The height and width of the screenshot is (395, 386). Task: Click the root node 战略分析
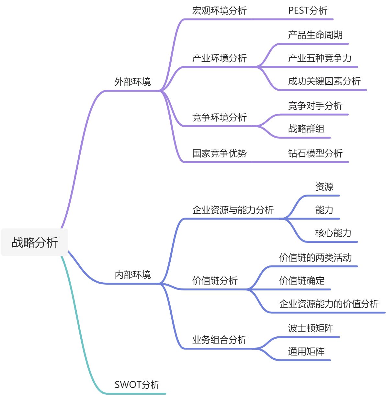[x=35, y=242]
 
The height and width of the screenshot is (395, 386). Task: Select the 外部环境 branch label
[x=132, y=82]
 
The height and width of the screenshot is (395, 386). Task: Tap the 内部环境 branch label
[x=132, y=275]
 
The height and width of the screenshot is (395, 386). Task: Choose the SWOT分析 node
[x=137, y=384]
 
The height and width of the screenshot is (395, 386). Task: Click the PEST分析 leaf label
[x=308, y=10]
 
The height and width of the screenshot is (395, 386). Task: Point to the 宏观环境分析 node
[x=219, y=10]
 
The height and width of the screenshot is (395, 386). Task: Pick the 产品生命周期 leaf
[x=315, y=35]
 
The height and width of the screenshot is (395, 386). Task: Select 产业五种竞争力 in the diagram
[x=320, y=58]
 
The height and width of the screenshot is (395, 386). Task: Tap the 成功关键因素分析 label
[x=324, y=81]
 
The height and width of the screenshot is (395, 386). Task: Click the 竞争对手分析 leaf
[x=315, y=106]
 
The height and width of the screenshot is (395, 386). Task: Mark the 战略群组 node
[x=306, y=129]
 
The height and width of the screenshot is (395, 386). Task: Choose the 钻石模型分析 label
[x=315, y=153]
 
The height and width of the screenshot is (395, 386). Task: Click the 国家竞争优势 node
[x=219, y=153]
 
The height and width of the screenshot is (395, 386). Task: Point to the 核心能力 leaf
[x=333, y=233]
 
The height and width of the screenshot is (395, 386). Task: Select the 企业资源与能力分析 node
[x=233, y=210]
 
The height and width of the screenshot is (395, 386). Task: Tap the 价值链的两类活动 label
[x=315, y=257]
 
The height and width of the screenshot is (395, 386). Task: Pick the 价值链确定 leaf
[x=301, y=280]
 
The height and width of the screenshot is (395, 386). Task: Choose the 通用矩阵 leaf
[x=306, y=351]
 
